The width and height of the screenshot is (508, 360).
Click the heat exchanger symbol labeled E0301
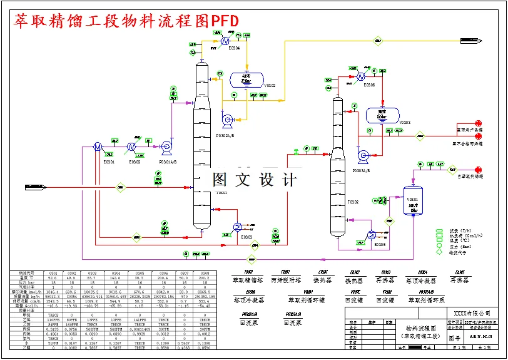(x=98, y=147)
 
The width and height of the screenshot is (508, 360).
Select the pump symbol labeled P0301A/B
(x=166, y=147)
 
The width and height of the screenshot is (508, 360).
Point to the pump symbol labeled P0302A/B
(x=227, y=118)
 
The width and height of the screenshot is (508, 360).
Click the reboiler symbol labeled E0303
(x=238, y=227)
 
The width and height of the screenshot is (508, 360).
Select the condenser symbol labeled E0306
(x=361, y=75)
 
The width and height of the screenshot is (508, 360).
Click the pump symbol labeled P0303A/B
(x=362, y=155)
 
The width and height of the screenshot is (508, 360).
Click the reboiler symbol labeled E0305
(x=372, y=235)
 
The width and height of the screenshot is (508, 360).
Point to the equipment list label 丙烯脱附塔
(x=285, y=280)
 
